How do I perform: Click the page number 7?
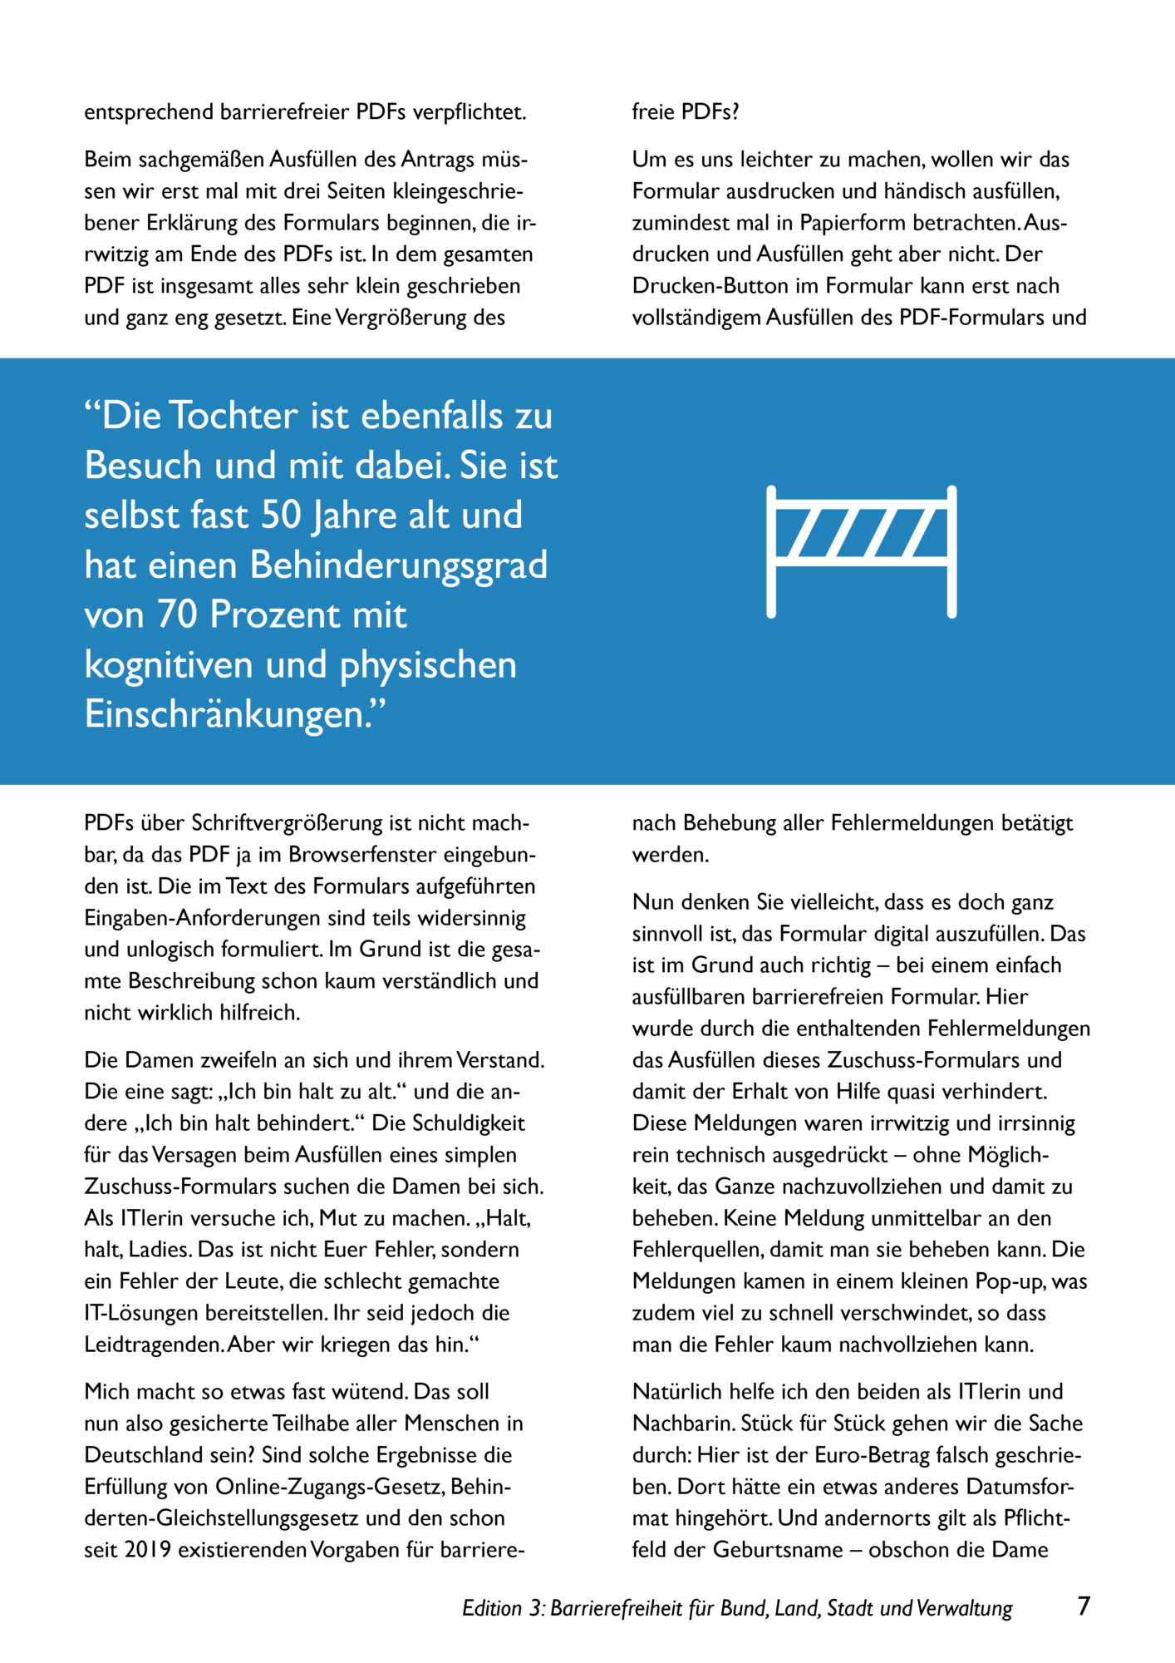[1083, 1606]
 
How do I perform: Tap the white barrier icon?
[861, 551]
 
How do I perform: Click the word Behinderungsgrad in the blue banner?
[399, 565]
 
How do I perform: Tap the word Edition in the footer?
[491, 1608]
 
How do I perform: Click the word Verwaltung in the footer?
[965, 1608]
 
